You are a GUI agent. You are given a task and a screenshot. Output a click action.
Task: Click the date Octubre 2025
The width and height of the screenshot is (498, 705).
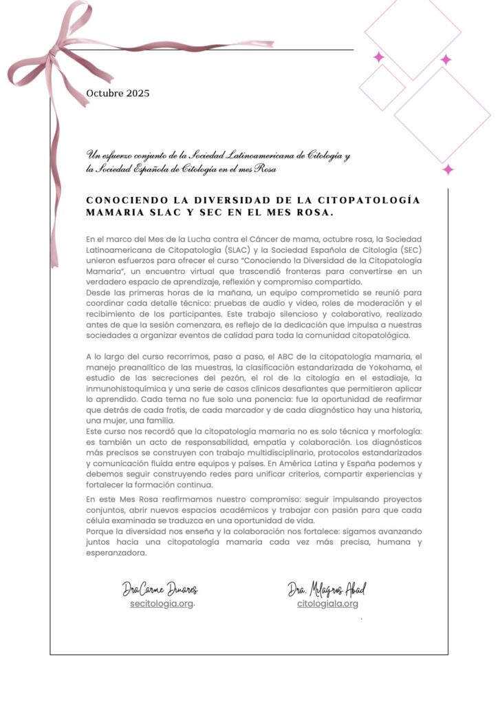coord(118,94)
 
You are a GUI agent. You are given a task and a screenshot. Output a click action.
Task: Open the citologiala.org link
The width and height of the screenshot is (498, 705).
coord(327,604)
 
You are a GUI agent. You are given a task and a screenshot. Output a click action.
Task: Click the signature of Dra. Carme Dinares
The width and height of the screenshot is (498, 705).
coord(160,589)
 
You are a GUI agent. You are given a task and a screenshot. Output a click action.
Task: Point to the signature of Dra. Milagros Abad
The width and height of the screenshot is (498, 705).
coord(327,589)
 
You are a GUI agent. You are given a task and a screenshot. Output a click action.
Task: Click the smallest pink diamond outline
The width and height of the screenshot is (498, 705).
coord(382,87)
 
